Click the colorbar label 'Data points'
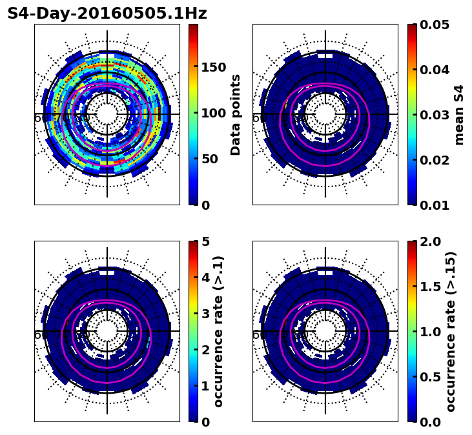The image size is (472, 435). click(236, 115)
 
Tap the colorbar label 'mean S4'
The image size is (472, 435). click(459, 115)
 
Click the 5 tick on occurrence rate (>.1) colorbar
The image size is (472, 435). click(206, 241)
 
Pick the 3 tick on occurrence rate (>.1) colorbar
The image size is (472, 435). click(206, 314)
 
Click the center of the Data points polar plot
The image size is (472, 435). click(107, 114)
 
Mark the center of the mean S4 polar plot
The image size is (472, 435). click(325, 114)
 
